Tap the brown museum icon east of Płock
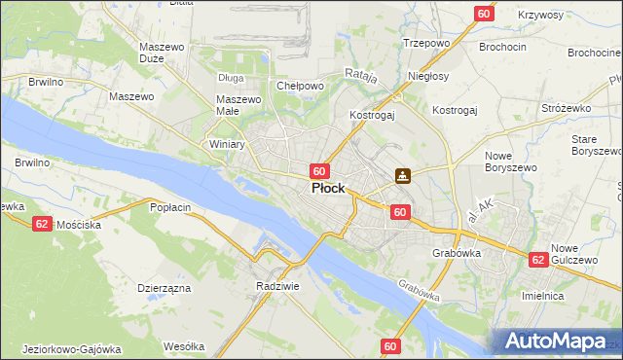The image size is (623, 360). coord(403,176)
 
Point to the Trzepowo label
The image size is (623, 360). coord(425,43)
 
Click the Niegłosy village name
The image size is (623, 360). coord(428,76)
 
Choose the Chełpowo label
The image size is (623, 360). coord(300,86)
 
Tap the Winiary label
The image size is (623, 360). coord(228,144)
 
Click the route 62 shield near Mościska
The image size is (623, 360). coord(42,223)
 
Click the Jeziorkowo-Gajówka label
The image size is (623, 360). coord(70,348)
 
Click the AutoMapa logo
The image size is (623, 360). coord(558,342)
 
